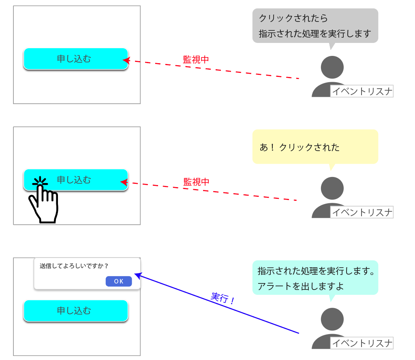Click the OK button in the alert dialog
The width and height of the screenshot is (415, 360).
click(119, 281)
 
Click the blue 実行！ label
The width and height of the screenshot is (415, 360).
click(222, 298)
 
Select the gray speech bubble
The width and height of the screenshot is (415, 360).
click(315, 26)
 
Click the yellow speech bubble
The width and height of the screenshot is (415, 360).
click(315, 147)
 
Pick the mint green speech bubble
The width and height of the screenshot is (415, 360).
click(315, 278)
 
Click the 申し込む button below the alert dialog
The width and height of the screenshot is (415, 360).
click(76, 311)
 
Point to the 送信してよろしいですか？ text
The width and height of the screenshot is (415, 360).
click(74, 266)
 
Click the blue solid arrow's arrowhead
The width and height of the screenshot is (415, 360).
click(138, 275)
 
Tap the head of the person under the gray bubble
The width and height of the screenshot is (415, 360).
click(332, 67)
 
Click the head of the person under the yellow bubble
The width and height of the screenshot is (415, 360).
click(332, 188)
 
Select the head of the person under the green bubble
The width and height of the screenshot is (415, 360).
click(332, 319)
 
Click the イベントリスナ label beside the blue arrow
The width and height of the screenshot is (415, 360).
click(362, 343)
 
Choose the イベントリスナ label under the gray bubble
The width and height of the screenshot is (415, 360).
click(362, 91)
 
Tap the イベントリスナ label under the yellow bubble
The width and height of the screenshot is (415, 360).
click(362, 212)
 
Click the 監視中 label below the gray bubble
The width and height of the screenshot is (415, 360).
click(196, 60)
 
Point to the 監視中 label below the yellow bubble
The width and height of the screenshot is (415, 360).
click(196, 182)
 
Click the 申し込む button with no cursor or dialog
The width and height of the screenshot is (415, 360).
click(76, 59)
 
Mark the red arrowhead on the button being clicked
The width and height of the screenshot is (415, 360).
click(124, 182)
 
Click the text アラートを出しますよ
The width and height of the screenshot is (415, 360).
click(300, 286)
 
